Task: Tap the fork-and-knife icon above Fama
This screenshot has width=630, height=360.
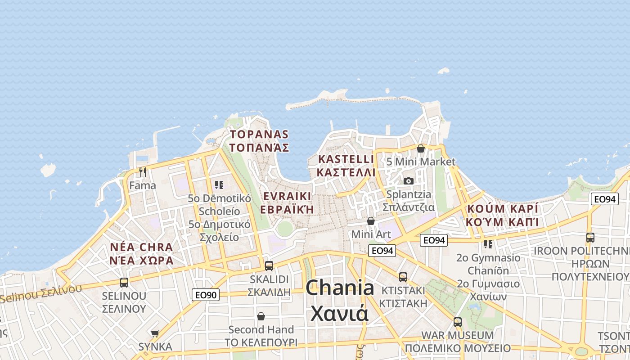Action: (x=143, y=172)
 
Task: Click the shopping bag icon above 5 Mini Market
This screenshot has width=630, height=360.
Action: (x=421, y=148)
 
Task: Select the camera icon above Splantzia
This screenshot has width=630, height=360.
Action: (x=409, y=181)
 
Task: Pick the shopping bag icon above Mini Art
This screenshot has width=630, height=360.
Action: (x=371, y=221)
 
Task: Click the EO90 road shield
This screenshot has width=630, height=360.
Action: (x=206, y=295)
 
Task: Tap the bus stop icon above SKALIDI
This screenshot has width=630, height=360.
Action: (x=269, y=265)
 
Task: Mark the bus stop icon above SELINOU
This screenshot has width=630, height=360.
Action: (x=124, y=283)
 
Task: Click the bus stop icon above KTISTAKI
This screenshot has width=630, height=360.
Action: (x=403, y=277)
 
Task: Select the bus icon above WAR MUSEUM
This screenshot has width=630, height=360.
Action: (x=458, y=322)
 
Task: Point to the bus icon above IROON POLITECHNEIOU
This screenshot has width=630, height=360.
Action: (x=590, y=237)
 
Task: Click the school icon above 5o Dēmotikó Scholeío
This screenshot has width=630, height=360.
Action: (x=219, y=185)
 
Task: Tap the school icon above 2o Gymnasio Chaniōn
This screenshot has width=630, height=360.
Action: (x=488, y=244)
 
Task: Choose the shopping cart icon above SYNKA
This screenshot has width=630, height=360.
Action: (x=155, y=333)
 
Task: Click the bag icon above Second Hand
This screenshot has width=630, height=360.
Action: (x=261, y=316)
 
